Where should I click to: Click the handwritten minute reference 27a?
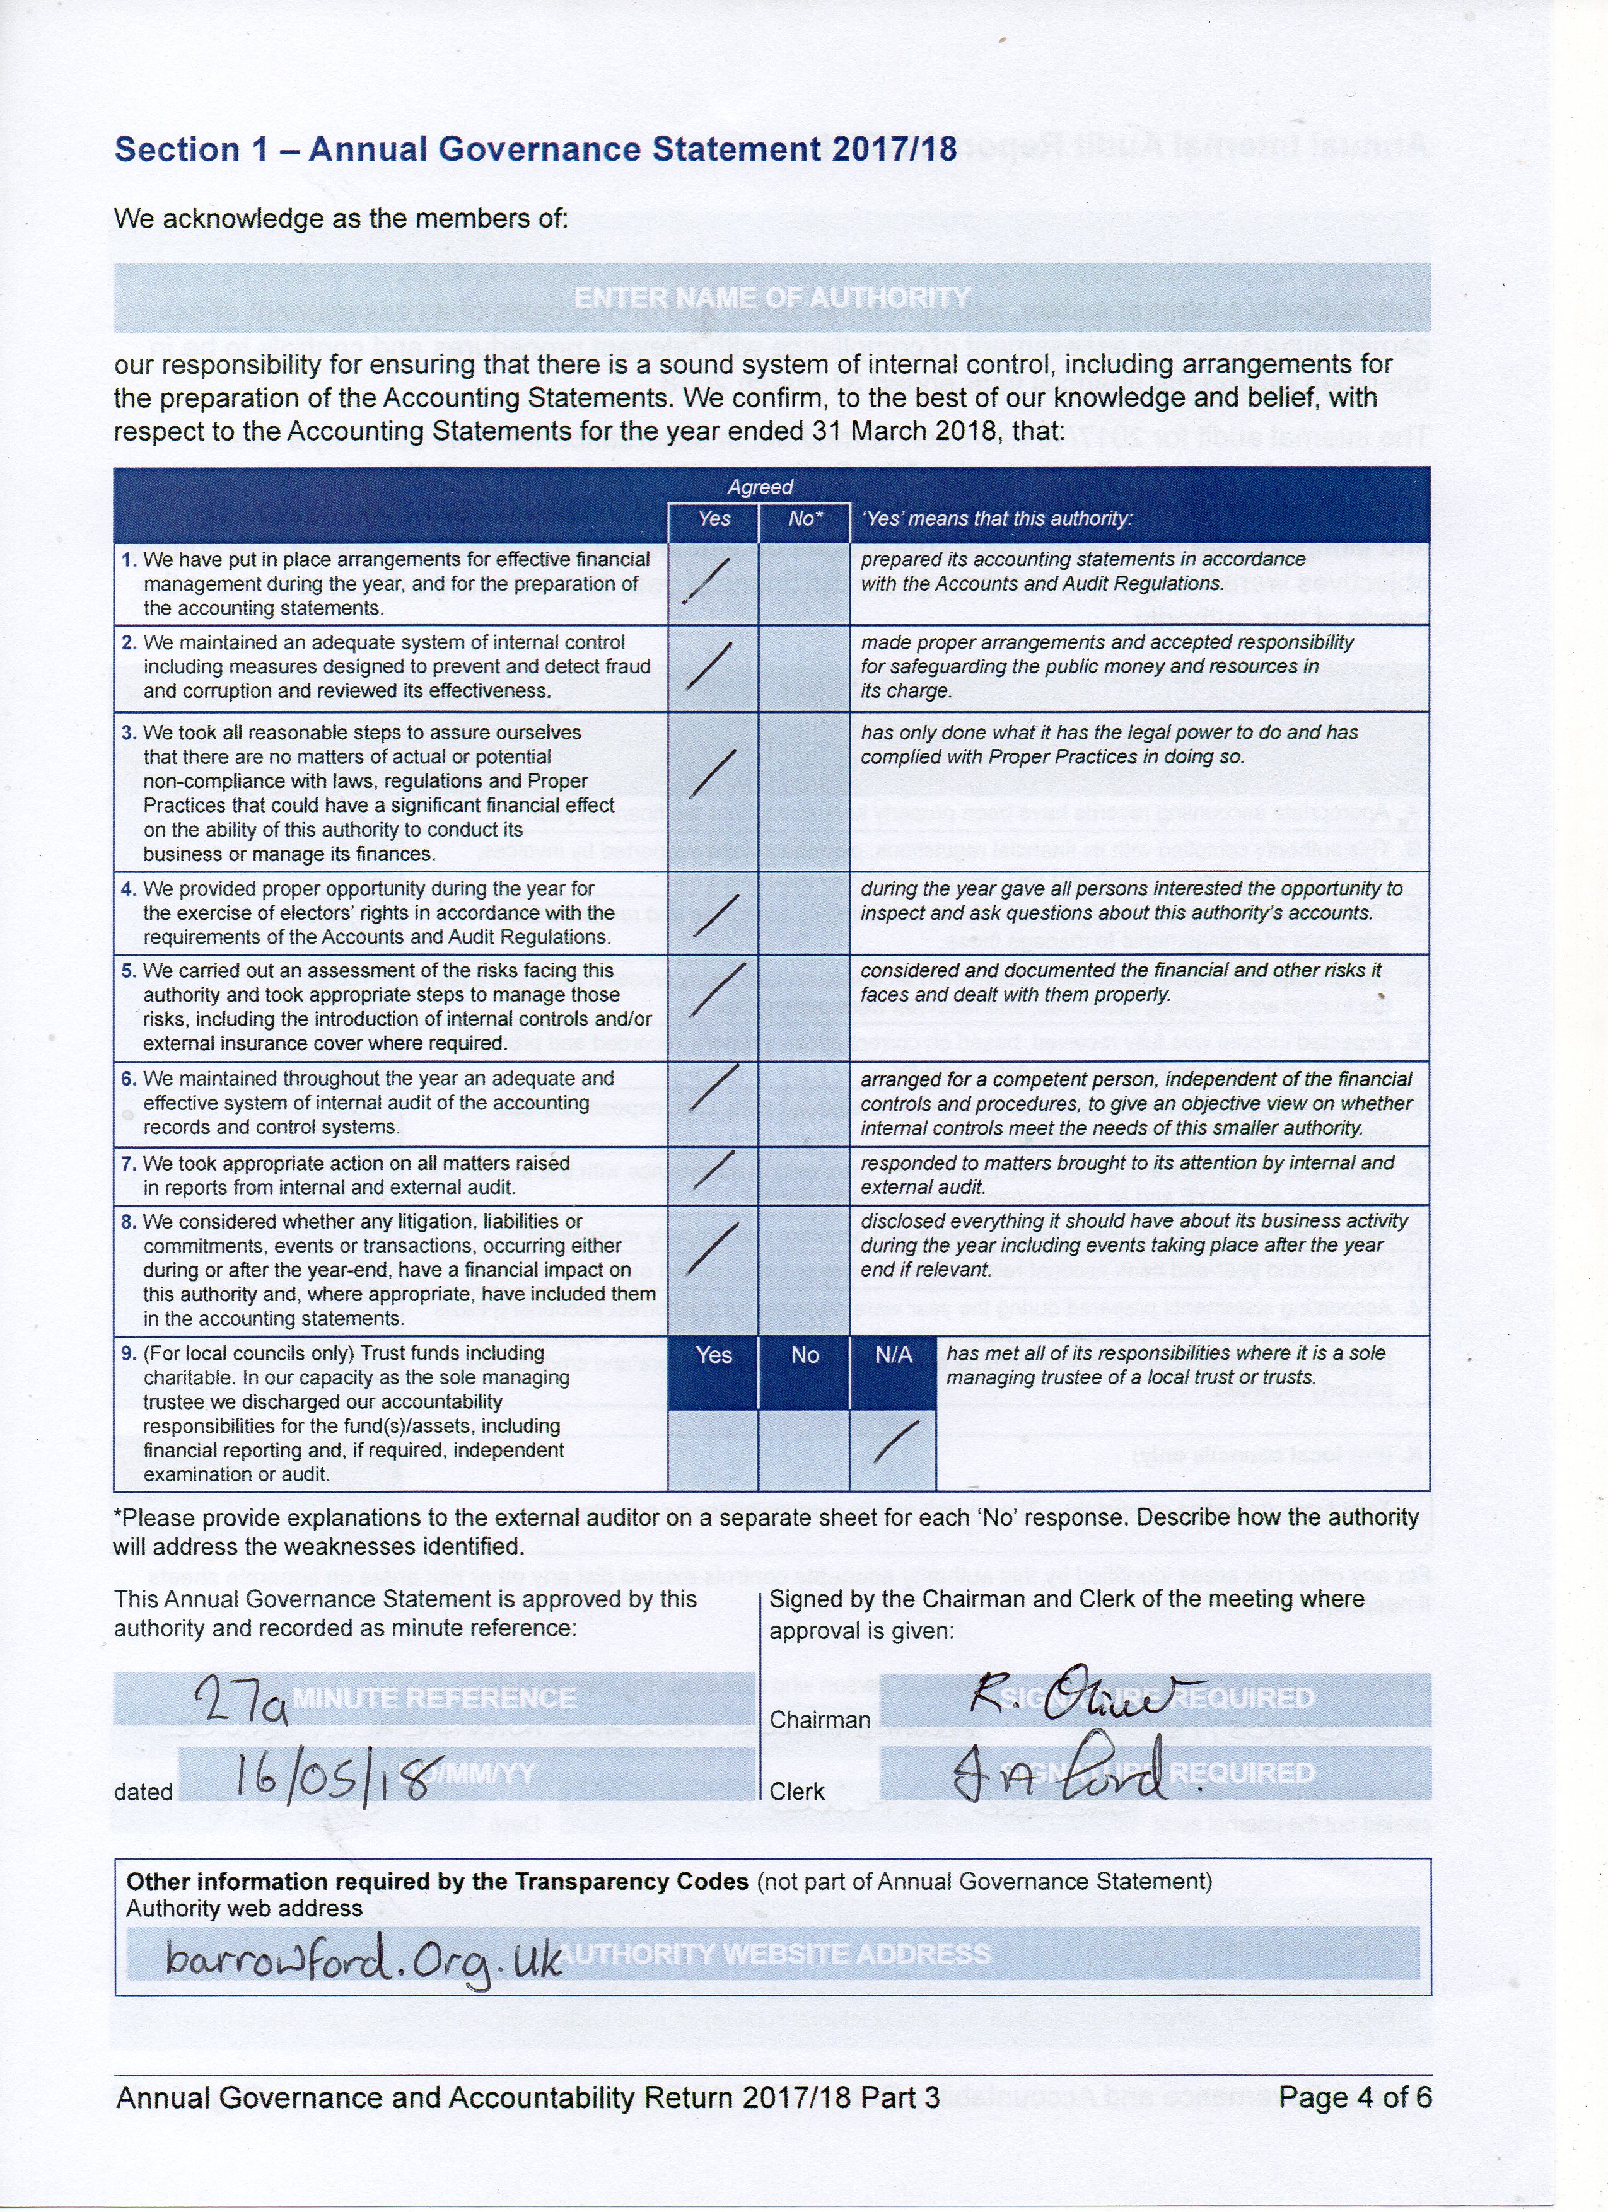241,1699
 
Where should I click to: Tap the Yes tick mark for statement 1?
709,582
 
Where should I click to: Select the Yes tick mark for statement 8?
713,1248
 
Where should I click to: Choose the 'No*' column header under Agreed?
805,519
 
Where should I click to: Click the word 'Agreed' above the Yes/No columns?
760,487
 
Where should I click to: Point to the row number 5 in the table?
128,970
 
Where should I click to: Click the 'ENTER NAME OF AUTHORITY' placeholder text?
772,298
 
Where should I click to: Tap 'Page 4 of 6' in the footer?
1355,2097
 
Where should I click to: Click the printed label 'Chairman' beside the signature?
820,1720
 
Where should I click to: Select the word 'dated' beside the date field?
143,1792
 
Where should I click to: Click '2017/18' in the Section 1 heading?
894,149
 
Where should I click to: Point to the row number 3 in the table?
128,733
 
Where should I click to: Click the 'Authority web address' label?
244,1909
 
